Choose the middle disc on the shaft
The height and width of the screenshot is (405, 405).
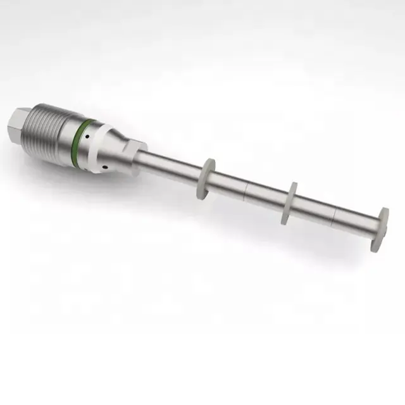tap(292, 202)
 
